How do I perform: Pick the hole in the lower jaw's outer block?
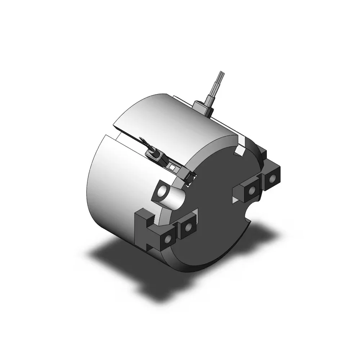pyautogui.click(x=168, y=239)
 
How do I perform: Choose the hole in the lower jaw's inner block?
pyautogui.click(x=188, y=227)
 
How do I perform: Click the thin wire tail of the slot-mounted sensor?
pyautogui.click(x=143, y=141)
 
